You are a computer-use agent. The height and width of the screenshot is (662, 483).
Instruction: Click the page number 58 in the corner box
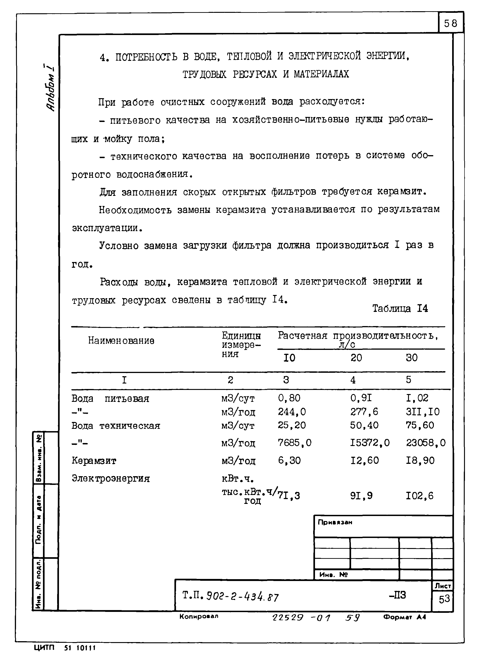tap(450, 23)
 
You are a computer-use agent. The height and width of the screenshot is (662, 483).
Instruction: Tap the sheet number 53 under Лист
tap(444, 599)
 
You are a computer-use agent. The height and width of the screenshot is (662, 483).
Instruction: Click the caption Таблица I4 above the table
tap(400, 308)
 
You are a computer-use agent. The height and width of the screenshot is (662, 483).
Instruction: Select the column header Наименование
tap(121, 340)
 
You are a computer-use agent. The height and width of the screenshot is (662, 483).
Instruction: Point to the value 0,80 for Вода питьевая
tap(289, 398)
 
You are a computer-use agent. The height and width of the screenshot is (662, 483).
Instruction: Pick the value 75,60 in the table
tap(419, 425)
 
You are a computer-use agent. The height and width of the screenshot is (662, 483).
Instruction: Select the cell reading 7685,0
tap(294, 443)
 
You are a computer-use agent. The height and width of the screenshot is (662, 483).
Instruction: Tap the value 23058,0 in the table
tap(425, 443)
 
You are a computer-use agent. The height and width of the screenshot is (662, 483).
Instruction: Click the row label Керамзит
tap(94, 461)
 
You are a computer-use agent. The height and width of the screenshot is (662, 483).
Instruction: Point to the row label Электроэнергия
tap(110, 478)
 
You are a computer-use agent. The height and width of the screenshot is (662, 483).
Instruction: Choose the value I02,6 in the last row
tap(419, 496)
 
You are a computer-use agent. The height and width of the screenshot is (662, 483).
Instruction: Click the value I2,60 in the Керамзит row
tap(364, 461)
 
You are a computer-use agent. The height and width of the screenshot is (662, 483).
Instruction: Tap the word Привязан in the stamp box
tap(335, 522)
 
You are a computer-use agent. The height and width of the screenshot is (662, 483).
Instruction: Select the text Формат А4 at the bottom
tap(404, 617)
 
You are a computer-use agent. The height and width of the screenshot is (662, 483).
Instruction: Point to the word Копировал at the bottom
tap(199, 616)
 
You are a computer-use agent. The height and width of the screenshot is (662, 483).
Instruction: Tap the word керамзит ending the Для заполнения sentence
tap(401, 192)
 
